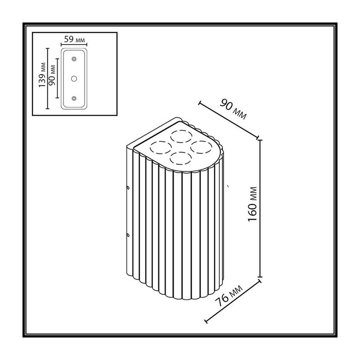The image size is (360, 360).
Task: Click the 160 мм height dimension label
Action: pos(252,204)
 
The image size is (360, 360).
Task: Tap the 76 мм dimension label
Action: pos(229,296)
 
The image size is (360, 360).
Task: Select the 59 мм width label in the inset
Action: pos(74,39)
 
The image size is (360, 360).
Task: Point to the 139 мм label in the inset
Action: pos(42,75)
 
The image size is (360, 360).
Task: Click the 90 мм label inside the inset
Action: pos(52,75)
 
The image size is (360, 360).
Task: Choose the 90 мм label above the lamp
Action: pos(233,109)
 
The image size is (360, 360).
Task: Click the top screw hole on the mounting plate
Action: pos(74,59)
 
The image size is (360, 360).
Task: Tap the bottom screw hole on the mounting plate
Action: pos(74,99)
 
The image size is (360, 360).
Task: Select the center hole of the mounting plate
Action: pos(74,79)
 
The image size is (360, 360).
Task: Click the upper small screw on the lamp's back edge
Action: pos(128,188)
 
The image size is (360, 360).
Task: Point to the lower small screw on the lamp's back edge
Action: pos(128,235)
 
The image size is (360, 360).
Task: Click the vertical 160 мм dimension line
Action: pos(260,208)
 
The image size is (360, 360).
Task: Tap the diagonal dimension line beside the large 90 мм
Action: pos(229,120)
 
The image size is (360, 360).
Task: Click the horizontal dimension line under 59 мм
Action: pos(74,45)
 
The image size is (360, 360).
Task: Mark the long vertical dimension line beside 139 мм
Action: pos(48,78)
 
